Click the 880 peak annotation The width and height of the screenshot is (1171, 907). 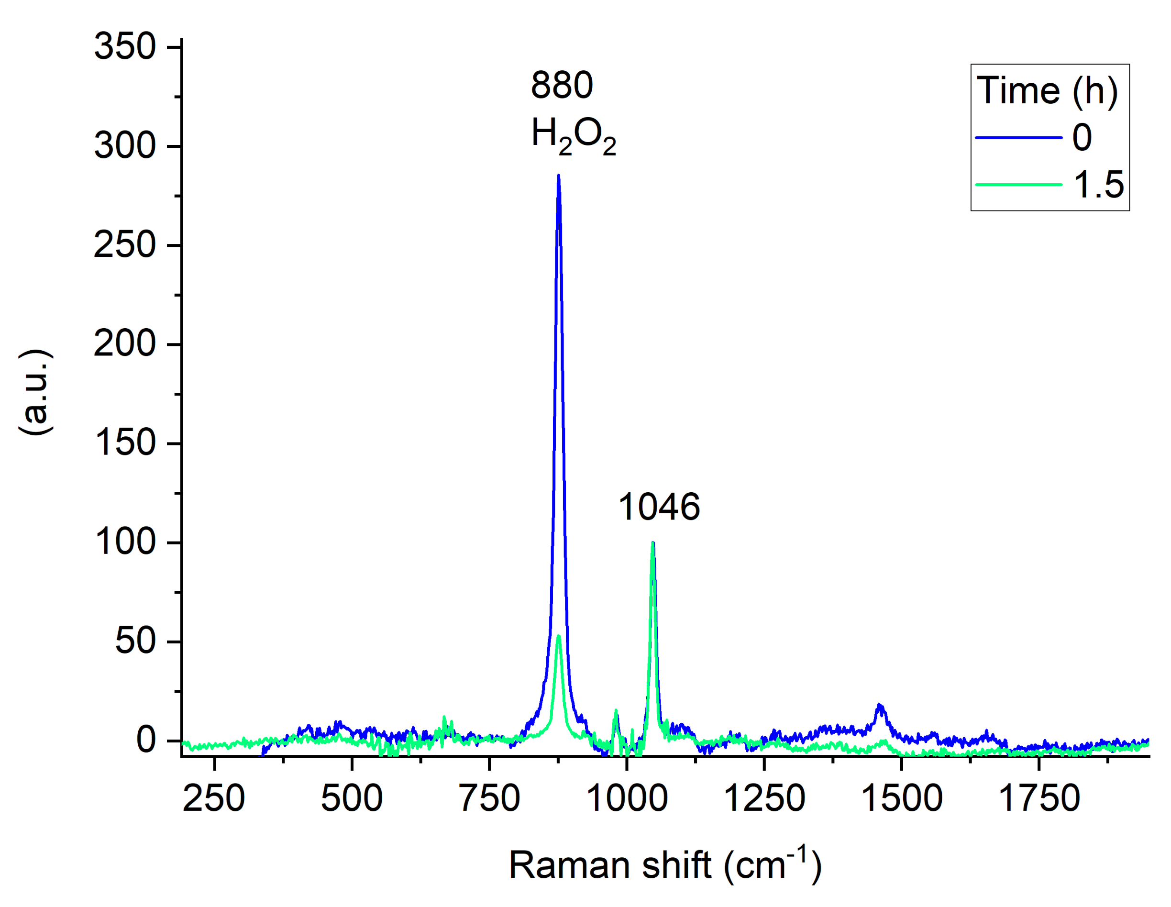562,85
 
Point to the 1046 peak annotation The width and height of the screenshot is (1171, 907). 659,507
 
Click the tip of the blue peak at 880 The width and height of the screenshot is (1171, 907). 559,176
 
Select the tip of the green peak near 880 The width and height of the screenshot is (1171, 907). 559,636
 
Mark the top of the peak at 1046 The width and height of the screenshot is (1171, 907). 652,543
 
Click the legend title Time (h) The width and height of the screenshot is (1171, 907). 1047,90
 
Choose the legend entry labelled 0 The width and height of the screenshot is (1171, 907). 1082,138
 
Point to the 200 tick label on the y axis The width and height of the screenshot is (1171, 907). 124,343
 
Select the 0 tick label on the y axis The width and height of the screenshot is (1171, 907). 146,741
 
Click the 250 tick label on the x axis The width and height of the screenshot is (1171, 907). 214,798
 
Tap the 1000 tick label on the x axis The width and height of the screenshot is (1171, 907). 627,798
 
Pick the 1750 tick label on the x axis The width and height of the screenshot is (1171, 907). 1039,798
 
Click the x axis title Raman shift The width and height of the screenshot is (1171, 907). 665,864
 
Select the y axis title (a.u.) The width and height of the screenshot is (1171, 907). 36,392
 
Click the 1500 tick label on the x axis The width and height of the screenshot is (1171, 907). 902,798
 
